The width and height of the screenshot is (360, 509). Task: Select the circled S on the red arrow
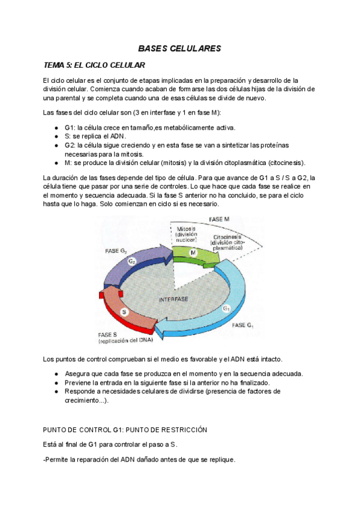(124, 312)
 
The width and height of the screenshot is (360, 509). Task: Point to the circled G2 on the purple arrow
(131, 262)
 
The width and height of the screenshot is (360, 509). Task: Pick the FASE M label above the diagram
(220, 219)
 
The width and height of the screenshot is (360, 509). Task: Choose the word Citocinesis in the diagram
(228, 237)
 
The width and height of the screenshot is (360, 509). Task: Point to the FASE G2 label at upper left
(116, 250)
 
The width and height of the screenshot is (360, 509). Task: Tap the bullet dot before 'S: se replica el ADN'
(56, 136)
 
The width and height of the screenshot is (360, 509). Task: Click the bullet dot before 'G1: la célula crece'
(56, 128)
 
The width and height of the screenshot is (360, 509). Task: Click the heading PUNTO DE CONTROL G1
(125, 430)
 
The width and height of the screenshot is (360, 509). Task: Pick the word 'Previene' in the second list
(80, 382)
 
